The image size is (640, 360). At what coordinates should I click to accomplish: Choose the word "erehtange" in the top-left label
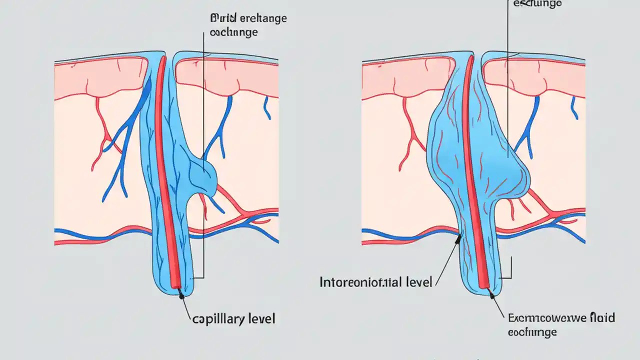(263, 18)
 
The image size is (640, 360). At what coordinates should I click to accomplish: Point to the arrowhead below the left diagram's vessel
(181, 296)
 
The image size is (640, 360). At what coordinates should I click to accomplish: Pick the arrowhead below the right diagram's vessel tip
(492, 295)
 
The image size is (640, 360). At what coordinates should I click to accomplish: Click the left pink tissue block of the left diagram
(100, 77)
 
